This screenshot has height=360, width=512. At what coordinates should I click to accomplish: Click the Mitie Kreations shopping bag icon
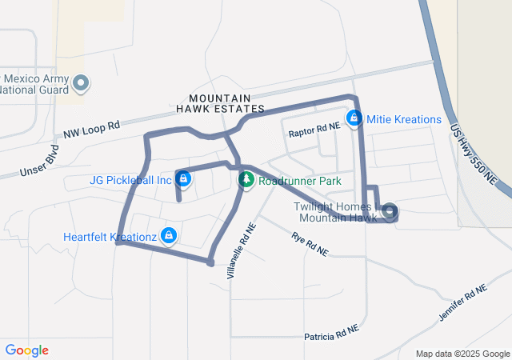(354, 119)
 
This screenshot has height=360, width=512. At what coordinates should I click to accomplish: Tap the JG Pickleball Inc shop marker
(183, 179)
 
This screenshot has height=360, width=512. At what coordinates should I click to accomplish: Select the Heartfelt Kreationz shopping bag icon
(168, 235)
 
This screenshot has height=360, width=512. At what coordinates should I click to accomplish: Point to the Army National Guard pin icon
(81, 82)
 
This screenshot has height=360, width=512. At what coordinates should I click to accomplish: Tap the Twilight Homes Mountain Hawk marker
(390, 211)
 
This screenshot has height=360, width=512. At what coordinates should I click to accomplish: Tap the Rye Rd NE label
(310, 244)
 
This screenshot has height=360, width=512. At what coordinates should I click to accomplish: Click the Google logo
(27, 350)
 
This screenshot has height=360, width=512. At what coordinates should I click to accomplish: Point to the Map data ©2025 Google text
(462, 354)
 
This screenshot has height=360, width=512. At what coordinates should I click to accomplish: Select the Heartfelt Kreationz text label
(110, 236)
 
